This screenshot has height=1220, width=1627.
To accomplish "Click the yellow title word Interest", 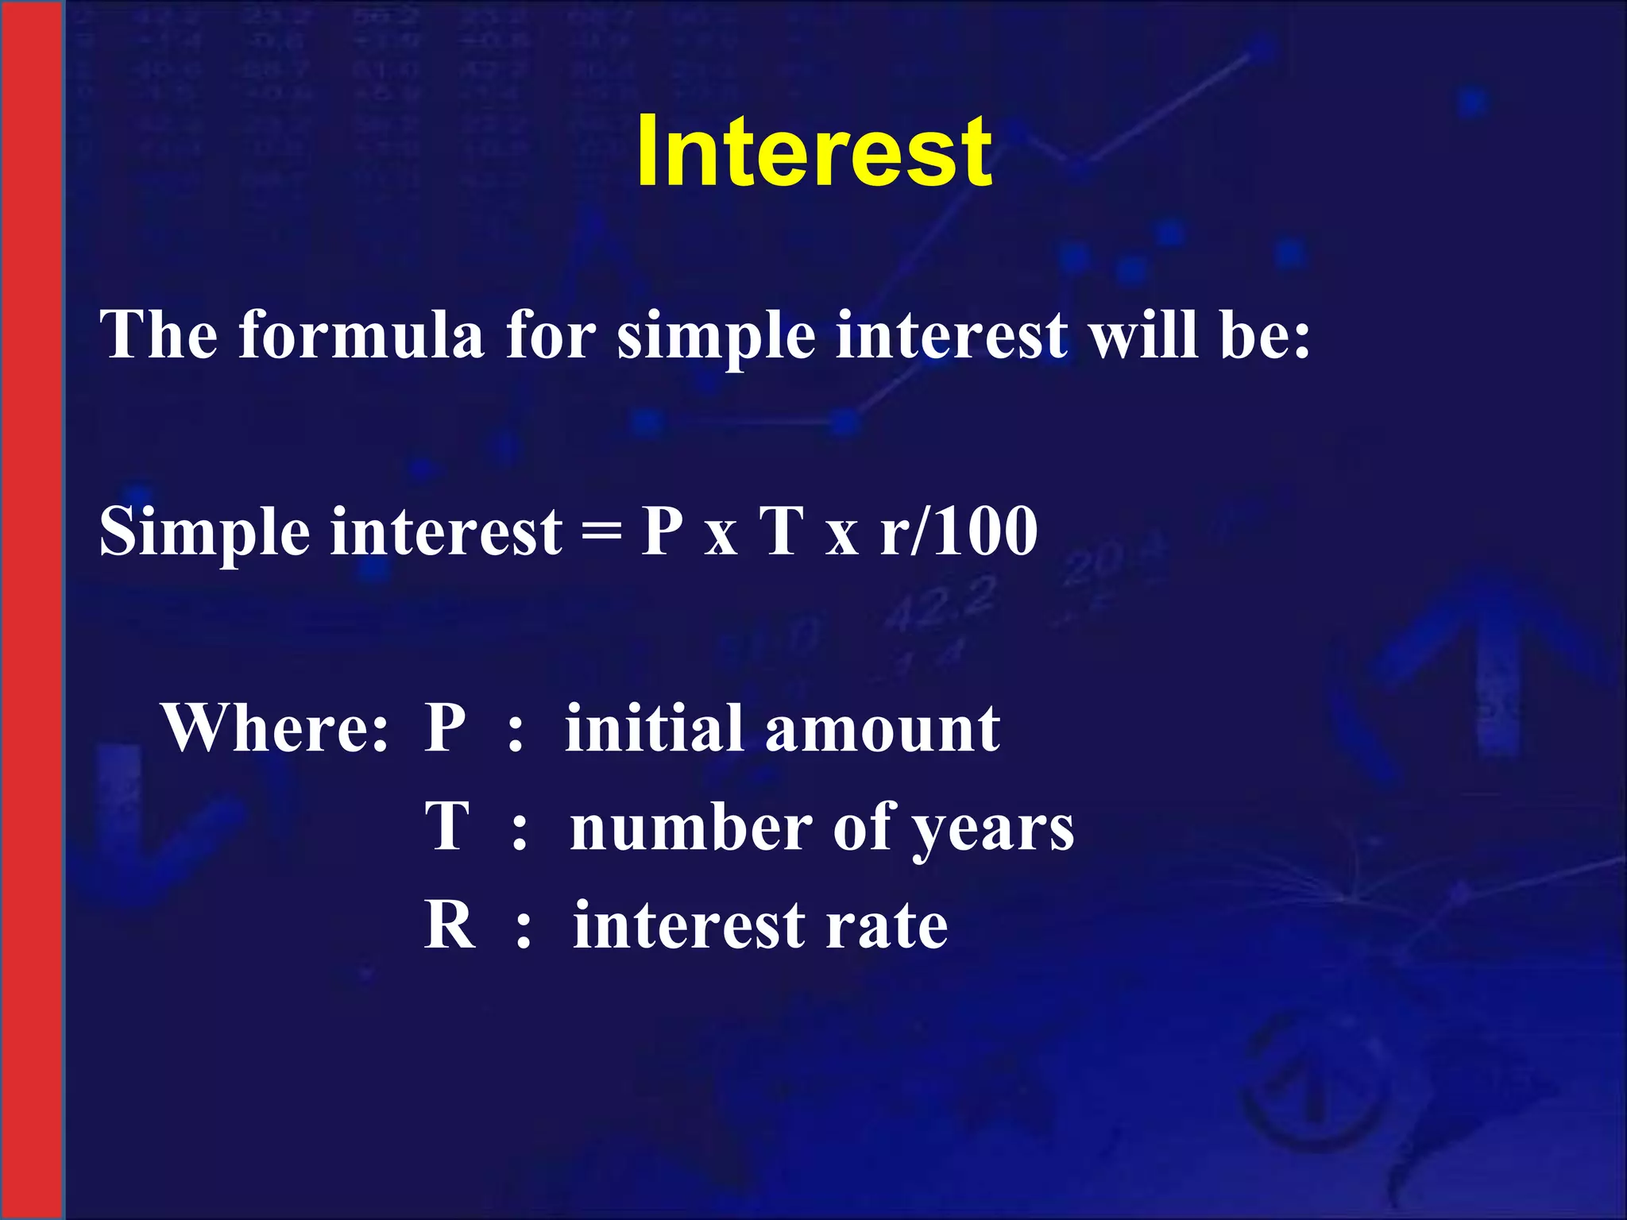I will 813,151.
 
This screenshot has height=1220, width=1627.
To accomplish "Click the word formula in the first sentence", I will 361,335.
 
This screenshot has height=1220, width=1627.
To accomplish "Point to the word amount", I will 882,729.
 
